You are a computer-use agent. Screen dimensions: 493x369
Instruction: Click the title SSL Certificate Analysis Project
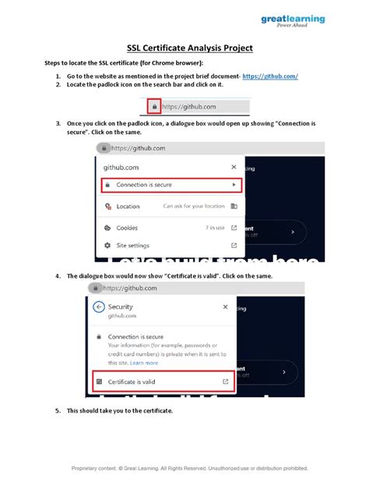pyautogui.click(x=184, y=48)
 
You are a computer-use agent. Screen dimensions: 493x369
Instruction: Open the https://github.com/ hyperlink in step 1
pyautogui.click(x=271, y=76)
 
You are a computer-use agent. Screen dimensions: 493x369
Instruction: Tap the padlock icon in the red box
pyautogui.click(x=155, y=107)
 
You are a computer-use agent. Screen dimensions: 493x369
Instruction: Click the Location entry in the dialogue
pyautogui.click(x=128, y=207)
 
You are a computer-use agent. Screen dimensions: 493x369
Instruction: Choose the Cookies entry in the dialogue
pyautogui.click(x=127, y=228)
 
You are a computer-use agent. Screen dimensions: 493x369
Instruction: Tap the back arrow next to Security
pyautogui.click(x=98, y=307)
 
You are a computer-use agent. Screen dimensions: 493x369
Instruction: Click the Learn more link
pyautogui.click(x=144, y=363)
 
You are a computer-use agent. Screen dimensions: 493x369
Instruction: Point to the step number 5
pyautogui.click(x=58, y=410)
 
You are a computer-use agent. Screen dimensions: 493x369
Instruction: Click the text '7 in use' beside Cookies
pyautogui.click(x=215, y=228)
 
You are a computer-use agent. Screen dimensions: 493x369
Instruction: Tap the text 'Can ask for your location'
pyautogui.click(x=193, y=207)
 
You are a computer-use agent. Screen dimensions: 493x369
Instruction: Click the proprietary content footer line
pyautogui.click(x=189, y=469)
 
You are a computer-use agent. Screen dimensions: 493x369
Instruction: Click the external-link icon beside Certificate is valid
pyautogui.click(x=225, y=381)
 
